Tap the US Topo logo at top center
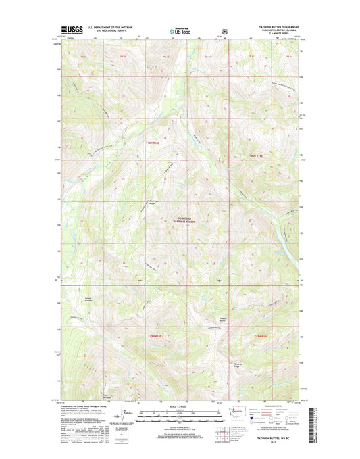(x=180, y=31)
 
